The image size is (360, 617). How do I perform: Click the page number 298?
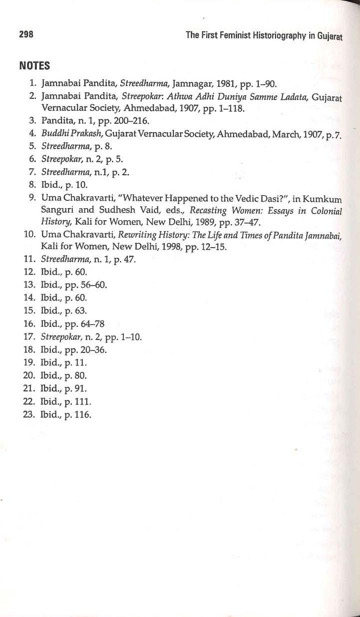[26, 34]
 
